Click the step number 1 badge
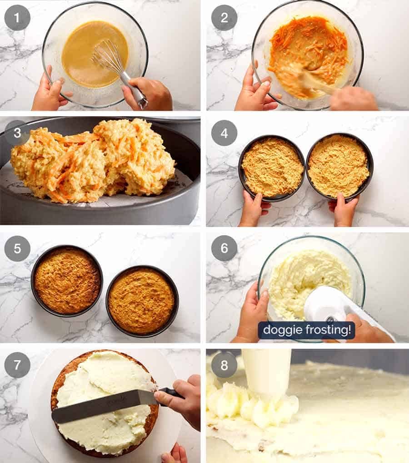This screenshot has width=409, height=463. pos(17,17)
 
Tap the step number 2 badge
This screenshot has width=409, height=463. pos(224,17)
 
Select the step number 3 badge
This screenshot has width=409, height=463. pos(17,133)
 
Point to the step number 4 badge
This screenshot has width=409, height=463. pos(224,133)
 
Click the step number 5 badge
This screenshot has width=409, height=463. pos(17,248)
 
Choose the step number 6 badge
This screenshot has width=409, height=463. pos(224,248)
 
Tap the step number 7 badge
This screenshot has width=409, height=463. pos(17,364)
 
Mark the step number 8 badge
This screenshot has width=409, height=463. pos(224,364)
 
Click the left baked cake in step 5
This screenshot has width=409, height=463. pos(67,281)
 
